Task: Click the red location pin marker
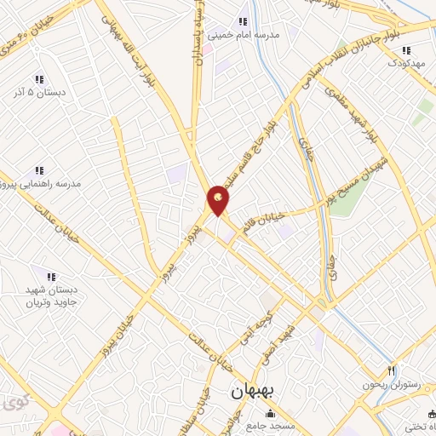pyautogui.click(x=219, y=200)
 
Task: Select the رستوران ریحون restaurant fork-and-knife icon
pyautogui.click(x=391, y=370)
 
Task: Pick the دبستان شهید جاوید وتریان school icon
pyautogui.click(x=50, y=277)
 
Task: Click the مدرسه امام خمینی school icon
pyautogui.click(x=243, y=22)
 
